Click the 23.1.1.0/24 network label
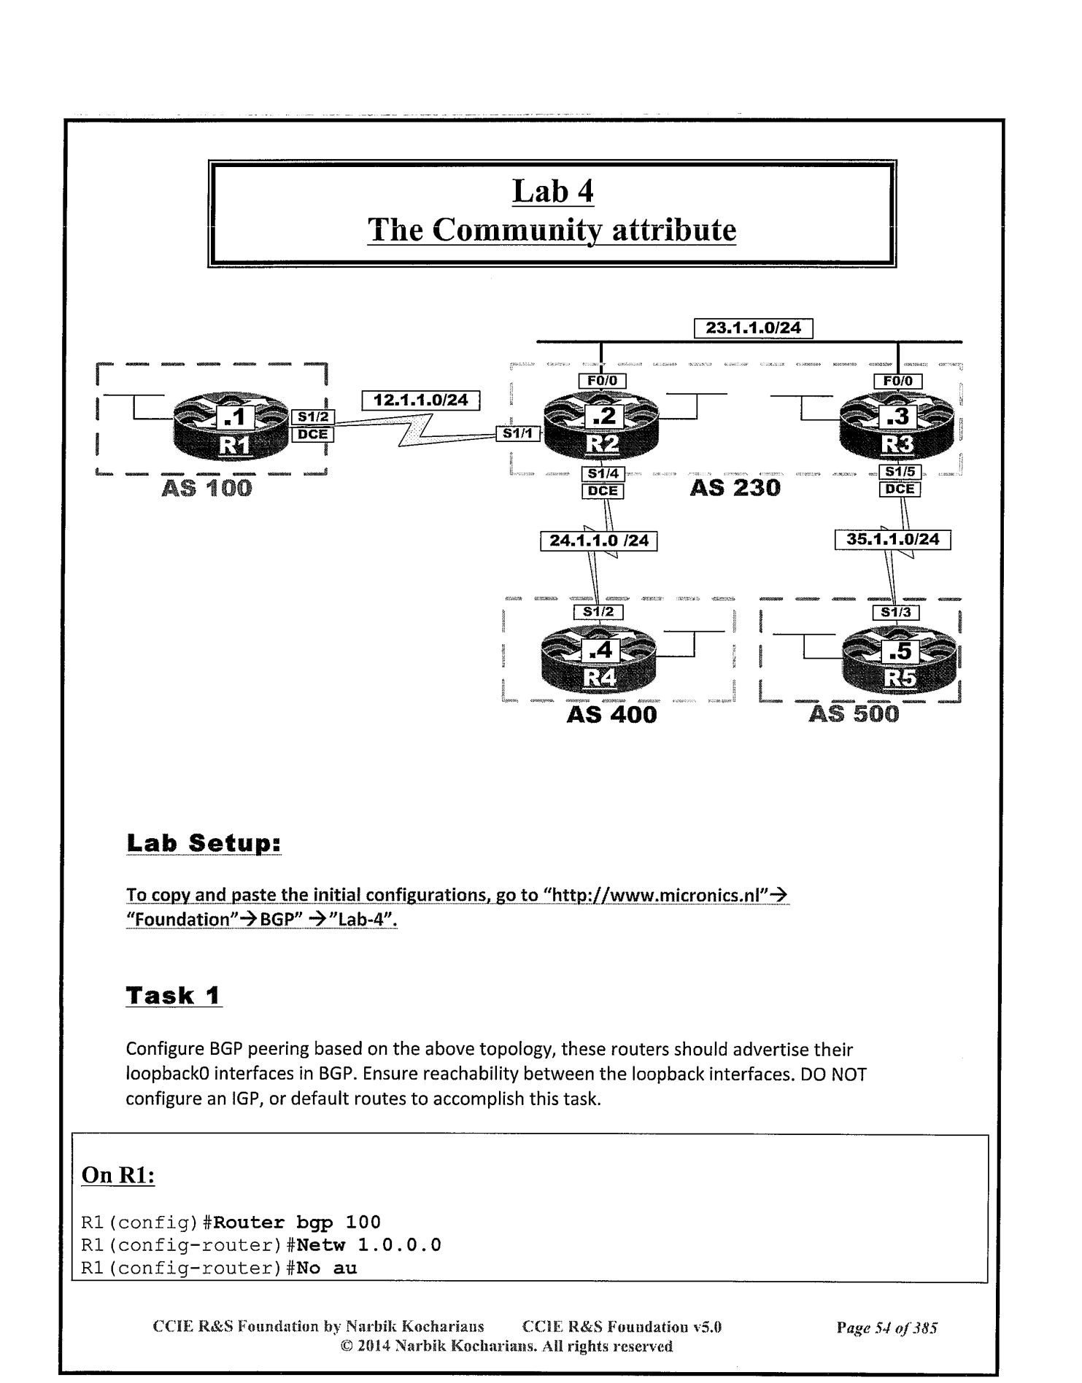753,328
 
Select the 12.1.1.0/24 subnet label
421,400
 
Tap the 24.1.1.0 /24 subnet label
598,541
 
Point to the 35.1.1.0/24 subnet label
892,540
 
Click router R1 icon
231,430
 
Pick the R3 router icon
897,430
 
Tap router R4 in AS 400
599,662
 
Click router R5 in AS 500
898,663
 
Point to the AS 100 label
206,488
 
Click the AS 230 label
735,487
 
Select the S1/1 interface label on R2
518,434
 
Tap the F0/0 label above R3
897,381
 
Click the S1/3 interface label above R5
895,612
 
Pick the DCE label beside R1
313,434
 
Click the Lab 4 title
552,192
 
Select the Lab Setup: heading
204,843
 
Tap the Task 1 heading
174,996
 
